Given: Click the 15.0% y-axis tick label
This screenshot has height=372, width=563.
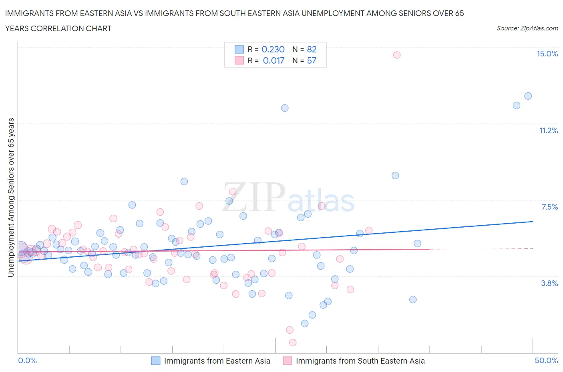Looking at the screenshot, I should coord(547,54).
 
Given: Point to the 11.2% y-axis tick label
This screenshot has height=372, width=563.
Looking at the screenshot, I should coord(548,131).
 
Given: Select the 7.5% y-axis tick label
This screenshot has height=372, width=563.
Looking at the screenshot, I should coord(549,207).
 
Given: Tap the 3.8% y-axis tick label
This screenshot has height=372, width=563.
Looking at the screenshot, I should coord(549,284).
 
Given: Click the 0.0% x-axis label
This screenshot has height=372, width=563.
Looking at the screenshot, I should coord(28,361).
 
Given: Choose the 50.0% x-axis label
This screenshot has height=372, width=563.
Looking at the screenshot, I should coord(546,361).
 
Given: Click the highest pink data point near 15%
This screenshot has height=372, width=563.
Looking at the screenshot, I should coord(397,55).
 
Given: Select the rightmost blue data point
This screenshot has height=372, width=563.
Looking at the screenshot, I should coord(528,96).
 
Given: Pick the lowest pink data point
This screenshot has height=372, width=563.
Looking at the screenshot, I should coord(293,342).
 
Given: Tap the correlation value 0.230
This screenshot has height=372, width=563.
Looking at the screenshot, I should coord(273,49).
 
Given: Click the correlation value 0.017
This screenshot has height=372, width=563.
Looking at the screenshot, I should coord(273,61).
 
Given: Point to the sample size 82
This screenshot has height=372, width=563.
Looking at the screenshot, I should coord(312,49).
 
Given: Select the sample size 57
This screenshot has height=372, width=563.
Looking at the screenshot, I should coord(312,61).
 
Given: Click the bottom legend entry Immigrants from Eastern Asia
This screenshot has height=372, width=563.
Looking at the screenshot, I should coord(217,361).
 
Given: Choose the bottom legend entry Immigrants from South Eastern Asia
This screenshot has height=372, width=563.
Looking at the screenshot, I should coord(360,361).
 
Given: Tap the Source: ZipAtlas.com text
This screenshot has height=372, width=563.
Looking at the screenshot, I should coord(527,28).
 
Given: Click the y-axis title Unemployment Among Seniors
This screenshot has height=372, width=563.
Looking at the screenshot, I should coord(11,197).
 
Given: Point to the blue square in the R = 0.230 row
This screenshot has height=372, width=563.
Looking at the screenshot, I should coord(239,49).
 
